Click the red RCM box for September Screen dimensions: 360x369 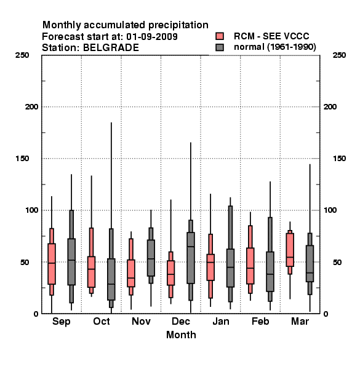pyautogui.click(x=52, y=264)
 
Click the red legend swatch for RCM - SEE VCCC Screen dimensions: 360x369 pyautogui.click(x=220, y=36)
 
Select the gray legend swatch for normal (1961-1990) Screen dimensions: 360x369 pyautogui.click(x=220, y=47)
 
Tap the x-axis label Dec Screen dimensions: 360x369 pyautogui.click(x=180, y=321)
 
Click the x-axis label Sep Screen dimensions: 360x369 pyautogui.click(x=61, y=322)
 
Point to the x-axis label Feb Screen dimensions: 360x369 pyautogui.click(x=260, y=321)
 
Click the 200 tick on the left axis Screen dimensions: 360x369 pyautogui.click(x=31, y=107)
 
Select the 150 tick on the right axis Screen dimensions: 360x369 pyautogui.click(x=339, y=159)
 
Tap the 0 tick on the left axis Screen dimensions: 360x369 pyautogui.click(x=36, y=314)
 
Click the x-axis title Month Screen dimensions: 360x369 pyautogui.click(x=181, y=335)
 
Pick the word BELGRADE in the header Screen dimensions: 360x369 pyautogui.click(x=111, y=48)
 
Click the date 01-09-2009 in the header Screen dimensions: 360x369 pyautogui.click(x=152, y=37)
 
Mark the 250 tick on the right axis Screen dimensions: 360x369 pyautogui.click(x=339, y=55)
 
